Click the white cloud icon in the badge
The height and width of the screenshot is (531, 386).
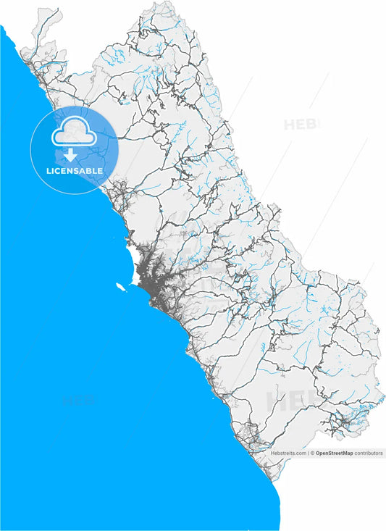pos(70,135)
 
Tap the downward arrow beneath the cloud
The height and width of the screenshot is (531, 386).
pos(70,154)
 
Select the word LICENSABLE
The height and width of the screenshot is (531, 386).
pos(74,171)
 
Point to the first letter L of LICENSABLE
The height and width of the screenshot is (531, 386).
pos(48,171)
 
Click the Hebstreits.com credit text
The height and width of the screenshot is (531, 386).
pos(289,453)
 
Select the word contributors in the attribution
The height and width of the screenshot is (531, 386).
pos(368,453)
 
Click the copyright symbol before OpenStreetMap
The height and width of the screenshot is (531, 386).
pos(313,453)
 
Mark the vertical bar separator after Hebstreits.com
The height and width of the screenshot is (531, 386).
pos(309,453)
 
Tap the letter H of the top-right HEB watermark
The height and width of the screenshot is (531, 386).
pos(290,125)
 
